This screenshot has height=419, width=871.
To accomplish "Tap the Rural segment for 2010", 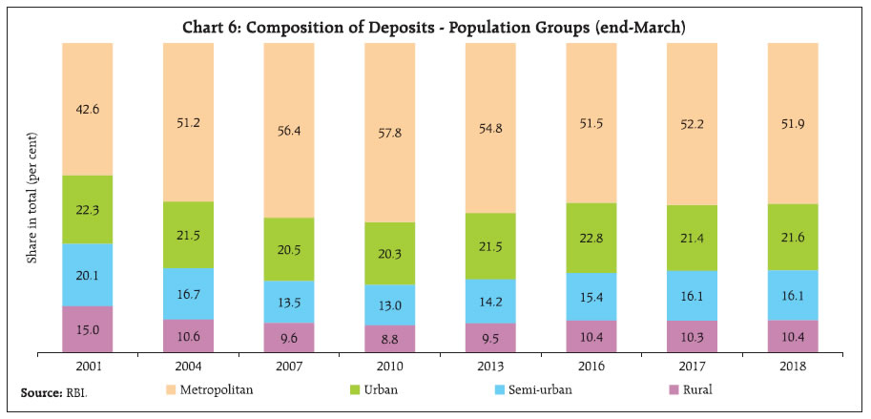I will click(389, 338).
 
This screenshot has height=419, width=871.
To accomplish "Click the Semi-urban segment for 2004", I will click(188, 294).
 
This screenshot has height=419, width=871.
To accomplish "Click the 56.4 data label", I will click(288, 130).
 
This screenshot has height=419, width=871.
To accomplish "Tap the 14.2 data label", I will click(489, 302).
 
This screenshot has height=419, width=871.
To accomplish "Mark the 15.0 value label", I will click(88, 330).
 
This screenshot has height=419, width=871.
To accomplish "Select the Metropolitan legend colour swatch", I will click(173, 389).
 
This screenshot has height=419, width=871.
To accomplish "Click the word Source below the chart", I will click(38, 392).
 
